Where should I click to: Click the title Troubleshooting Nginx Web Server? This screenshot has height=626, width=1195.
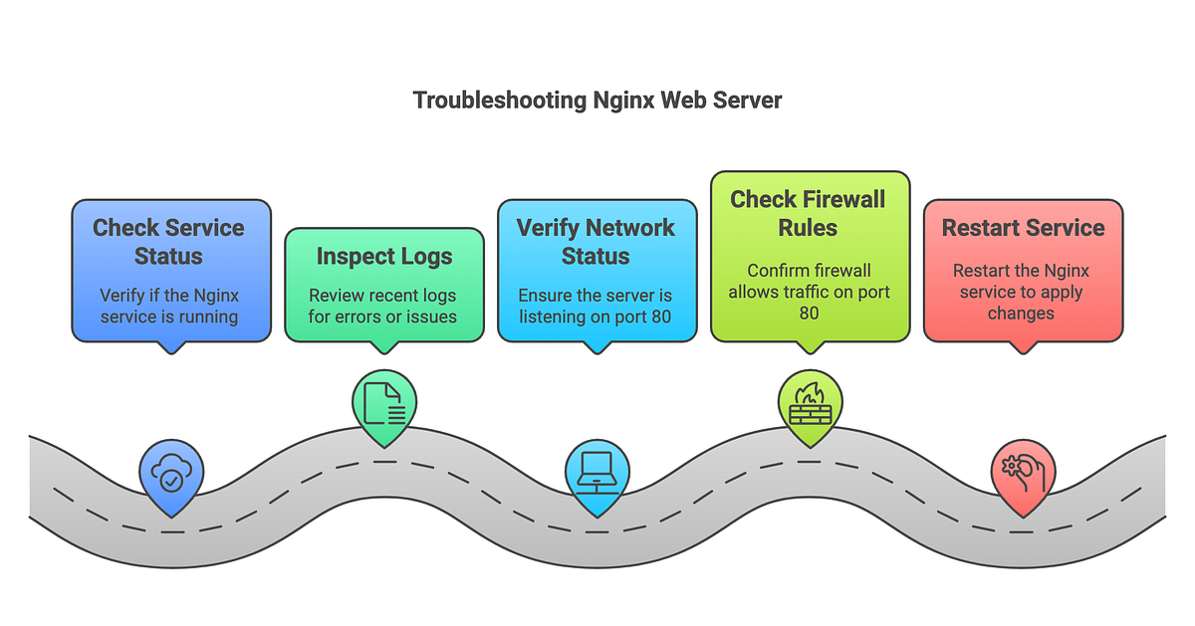597,101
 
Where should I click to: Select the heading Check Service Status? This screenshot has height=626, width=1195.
170,241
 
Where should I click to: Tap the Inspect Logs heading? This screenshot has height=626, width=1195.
384,257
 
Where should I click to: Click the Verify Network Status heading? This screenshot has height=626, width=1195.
596,242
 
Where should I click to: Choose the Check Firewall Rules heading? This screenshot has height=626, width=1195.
808,213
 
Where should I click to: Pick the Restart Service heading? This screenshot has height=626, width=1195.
1023,228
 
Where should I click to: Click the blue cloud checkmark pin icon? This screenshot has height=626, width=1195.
171,480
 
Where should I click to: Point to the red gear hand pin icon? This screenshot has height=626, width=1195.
1023,476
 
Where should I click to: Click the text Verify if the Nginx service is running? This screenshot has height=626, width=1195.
169,306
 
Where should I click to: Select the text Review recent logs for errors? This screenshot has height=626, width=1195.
383,307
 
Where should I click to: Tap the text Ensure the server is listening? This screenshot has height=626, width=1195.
596,307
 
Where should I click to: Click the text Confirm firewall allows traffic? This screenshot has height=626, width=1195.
808,292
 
